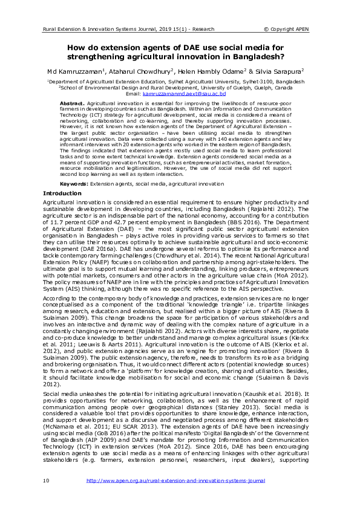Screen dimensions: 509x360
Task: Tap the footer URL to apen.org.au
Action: point(176,497)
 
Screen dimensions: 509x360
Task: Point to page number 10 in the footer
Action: point(46,497)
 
